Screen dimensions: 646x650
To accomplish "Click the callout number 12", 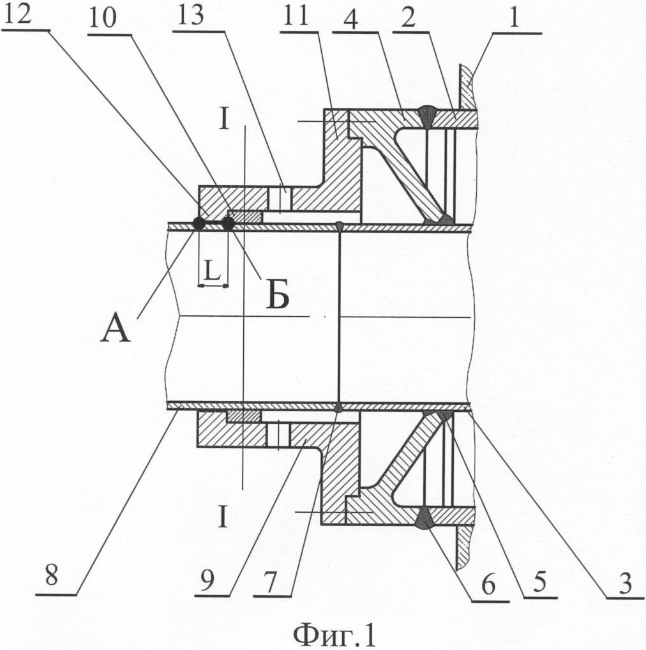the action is (x=17, y=15).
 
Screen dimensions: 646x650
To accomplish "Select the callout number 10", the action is (x=102, y=19).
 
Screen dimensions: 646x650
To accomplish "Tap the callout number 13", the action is (x=190, y=16).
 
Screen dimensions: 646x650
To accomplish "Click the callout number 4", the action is (x=350, y=19).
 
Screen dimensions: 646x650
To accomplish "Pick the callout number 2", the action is (x=408, y=19).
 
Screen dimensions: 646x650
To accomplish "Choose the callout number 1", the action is (x=515, y=18).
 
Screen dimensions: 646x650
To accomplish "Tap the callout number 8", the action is (x=51, y=575).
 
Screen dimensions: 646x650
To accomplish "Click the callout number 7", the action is (x=269, y=582).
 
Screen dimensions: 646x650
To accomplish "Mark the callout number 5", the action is (x=539, y=582).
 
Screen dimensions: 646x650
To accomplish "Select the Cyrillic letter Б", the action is (x=277, y=295).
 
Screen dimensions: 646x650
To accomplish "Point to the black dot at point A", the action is (x=198, y=224).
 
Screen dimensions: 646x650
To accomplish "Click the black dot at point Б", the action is (x=227, y=224).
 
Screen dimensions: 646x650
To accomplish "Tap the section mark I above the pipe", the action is (x=224, y=120).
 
